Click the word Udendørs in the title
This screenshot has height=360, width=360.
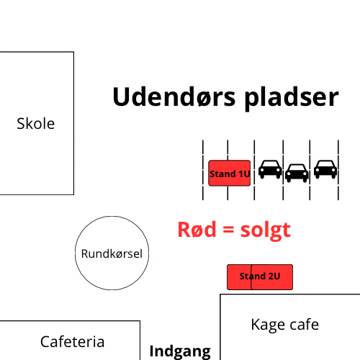(x=174, y=96)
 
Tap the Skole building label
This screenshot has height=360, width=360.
(x=36, y=124)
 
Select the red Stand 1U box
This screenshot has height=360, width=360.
(x=230, y=173)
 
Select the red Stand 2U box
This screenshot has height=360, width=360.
(x=260, y=277)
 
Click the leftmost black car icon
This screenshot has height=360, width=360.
(x=270, y=169)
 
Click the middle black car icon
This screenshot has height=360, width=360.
(x=297, y=173)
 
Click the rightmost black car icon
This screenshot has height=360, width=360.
(x=325, y=169)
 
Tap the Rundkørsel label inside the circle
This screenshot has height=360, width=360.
(x=112, y=253)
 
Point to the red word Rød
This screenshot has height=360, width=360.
(x=197, y=230)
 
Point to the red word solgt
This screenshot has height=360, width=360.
(x=266, y=230)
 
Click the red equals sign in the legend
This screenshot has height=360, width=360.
(x=228, y=230)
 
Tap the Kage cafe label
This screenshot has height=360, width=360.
(x=285, y=325)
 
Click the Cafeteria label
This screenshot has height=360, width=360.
(x=72, y=341)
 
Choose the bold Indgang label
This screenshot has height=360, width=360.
(x=180, y=352)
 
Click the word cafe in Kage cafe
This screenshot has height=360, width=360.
(x=305, y=325)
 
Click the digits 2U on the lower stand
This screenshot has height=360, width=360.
(x=274, y=276)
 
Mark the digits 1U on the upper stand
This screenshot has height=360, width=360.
(x=245, y=174)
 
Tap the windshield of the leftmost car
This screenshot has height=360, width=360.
(x=270, y=164)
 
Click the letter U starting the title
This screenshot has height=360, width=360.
(x=121, y=96)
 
